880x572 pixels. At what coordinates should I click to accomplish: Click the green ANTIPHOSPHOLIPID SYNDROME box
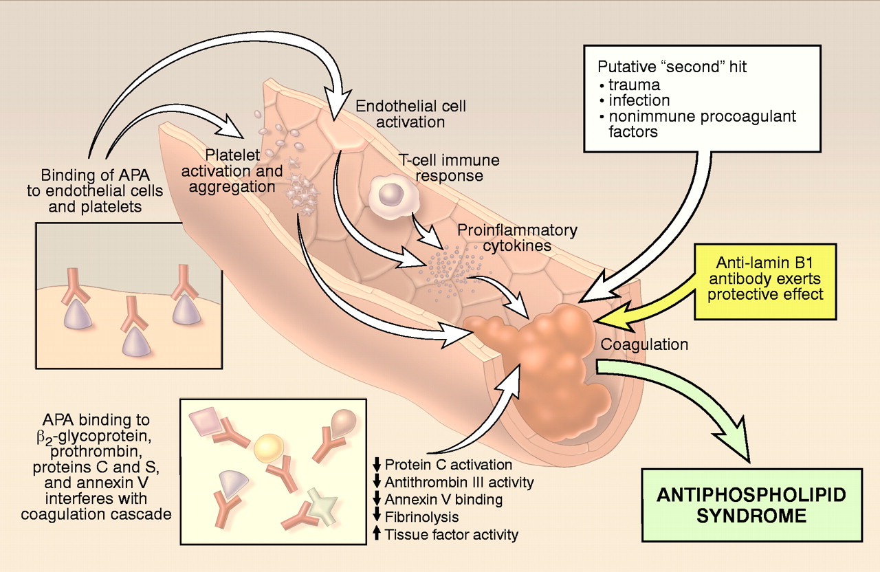tap(752, 505)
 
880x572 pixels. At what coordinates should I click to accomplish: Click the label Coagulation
tap(644, 344)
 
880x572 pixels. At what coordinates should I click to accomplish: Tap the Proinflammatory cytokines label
tap(518, 237)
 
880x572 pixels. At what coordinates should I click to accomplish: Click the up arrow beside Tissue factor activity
tap(376, 533)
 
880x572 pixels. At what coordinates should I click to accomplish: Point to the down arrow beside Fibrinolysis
tap(376, 516)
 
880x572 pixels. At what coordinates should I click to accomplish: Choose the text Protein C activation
tap(448, 465)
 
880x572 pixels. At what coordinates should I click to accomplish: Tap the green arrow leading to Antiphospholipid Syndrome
tap(687, 406)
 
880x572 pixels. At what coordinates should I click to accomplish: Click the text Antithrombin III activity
tap(459, 482)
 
